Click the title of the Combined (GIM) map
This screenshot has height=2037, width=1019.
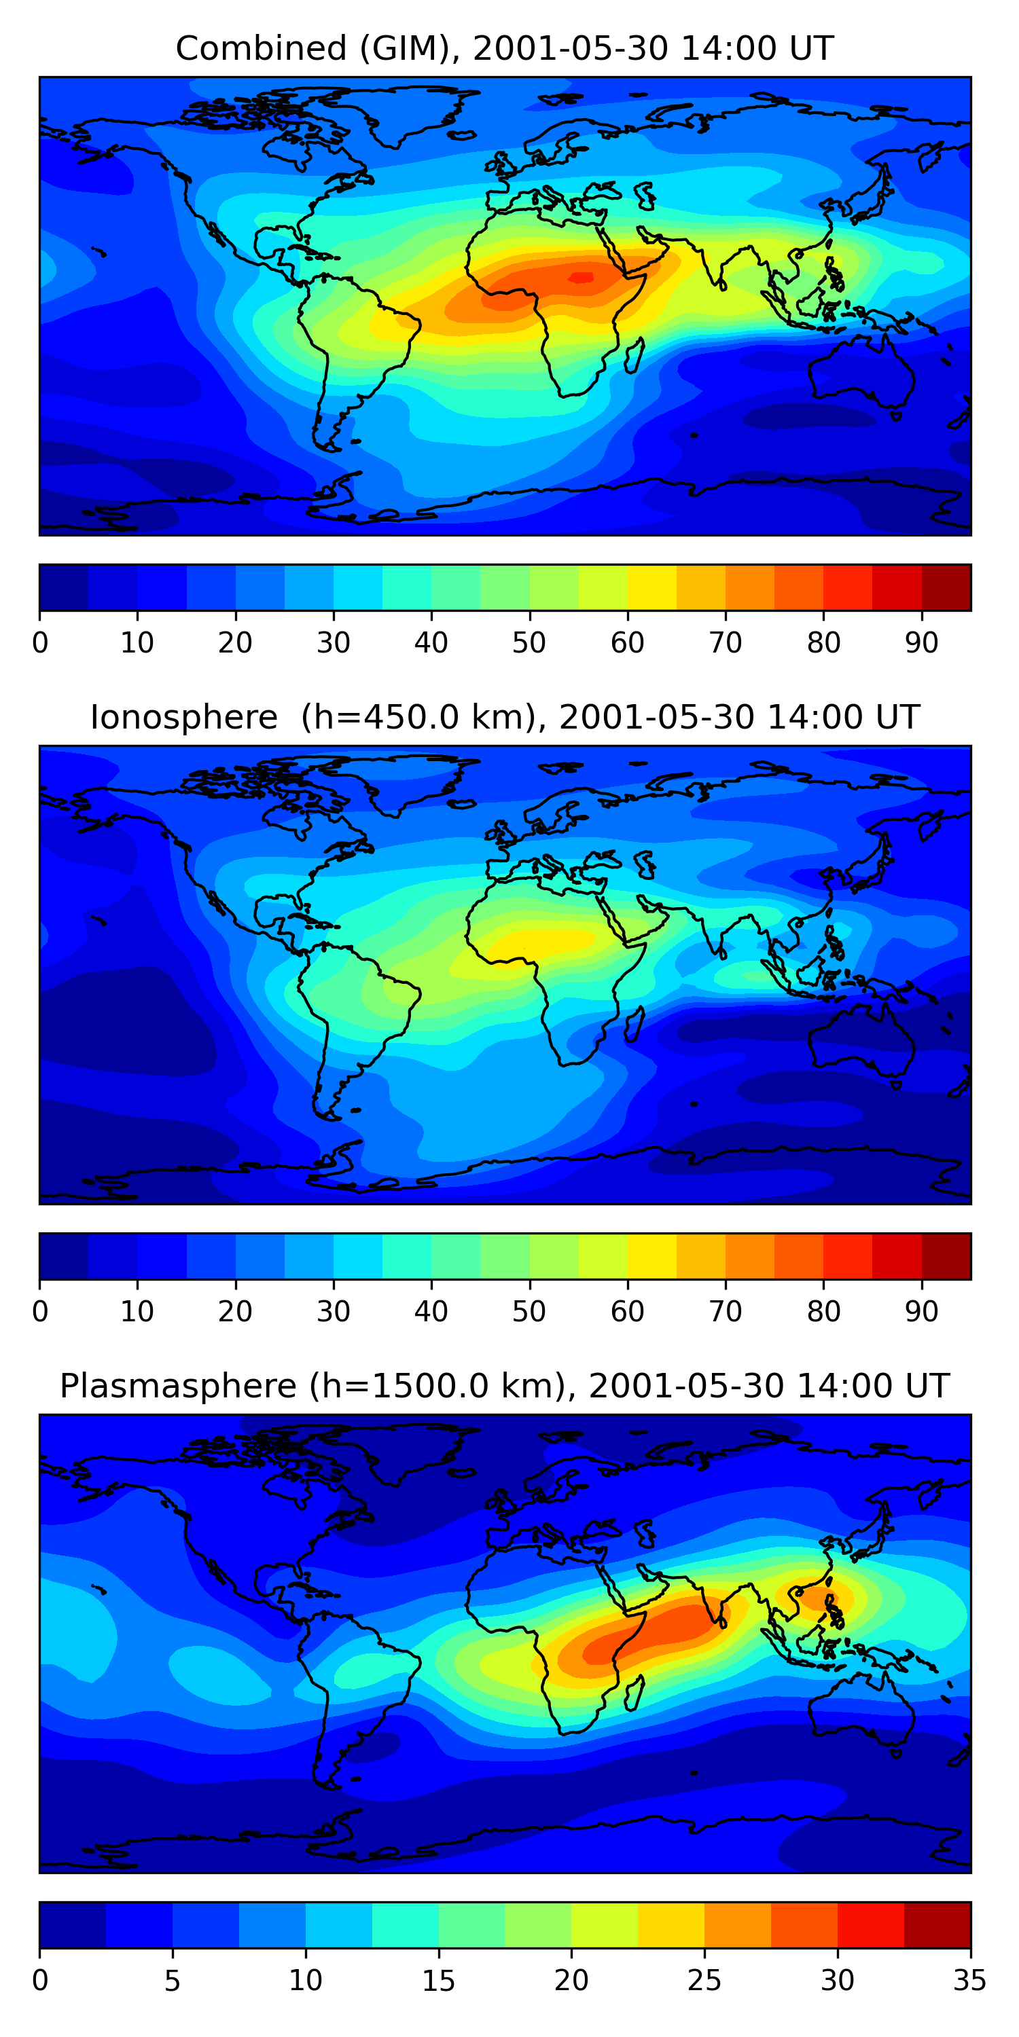coord(505,48)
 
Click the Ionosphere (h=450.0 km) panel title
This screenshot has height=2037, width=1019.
coord(505,717)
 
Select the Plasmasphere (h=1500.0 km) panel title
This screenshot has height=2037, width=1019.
coord(505,1387)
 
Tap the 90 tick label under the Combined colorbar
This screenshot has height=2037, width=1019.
coord(922,643)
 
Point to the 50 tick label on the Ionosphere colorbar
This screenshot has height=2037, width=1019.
coord(529,1312)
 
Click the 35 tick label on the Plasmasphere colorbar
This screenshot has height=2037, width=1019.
coord(970,1981)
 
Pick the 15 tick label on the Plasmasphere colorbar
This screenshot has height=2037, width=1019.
coord(438,1981)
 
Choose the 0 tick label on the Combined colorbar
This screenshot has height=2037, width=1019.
coord(40,643)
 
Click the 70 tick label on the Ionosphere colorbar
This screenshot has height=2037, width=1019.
coord(726,1312)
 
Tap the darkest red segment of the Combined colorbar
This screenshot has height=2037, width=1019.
coord(946,587)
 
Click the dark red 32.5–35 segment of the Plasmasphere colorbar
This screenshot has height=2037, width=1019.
coord(937,1926)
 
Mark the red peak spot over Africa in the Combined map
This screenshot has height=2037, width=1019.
coord(582,277)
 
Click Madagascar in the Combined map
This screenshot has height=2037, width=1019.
coord(634,356)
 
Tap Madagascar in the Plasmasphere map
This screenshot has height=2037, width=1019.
coord(634,1694)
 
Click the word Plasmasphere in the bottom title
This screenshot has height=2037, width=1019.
coord(178,1387)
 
